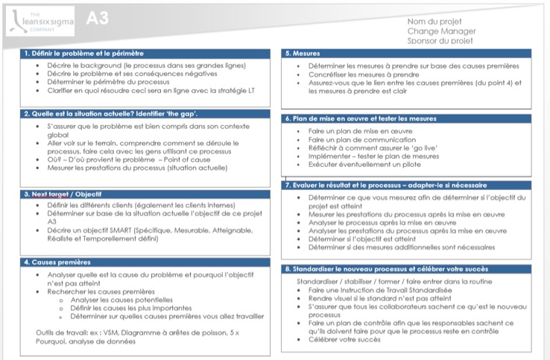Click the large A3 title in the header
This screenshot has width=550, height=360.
coord(98,19)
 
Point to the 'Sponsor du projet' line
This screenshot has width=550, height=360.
coord(440,41)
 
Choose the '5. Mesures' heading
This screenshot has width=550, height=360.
coord(302,54)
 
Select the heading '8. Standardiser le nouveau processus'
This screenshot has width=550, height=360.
coord(386,268)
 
